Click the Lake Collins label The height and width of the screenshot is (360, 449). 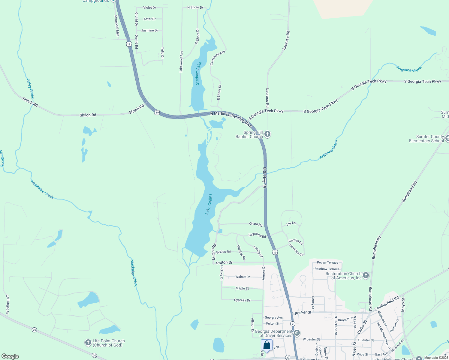[209, 204]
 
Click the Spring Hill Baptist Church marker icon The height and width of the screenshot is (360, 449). [267, 134]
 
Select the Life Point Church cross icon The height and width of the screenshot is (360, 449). [88, 342]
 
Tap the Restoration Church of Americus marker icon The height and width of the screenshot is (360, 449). [366, 275]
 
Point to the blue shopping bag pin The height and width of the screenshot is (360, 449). [267, 346]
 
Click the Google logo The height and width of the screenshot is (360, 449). [10, 356]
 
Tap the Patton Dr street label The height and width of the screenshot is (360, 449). [224, 262]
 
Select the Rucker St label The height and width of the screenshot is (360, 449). [303, 313]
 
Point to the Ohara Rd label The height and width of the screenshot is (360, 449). [256, 224]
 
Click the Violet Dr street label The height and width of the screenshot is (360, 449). [149, 7]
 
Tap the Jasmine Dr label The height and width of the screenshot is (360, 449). [149, 30]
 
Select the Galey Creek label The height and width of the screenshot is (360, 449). [30, 88]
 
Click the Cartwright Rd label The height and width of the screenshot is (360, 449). [8, 304]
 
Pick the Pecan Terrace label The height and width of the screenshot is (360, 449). [327, 262]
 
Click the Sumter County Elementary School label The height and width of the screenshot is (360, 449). [426, 139]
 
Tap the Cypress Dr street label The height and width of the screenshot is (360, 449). [242, 300]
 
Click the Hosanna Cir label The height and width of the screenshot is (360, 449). [296, 250]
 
